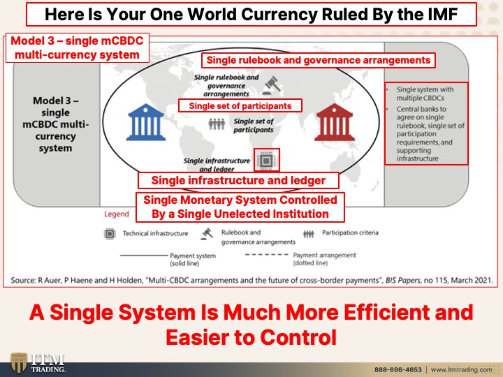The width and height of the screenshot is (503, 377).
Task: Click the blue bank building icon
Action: [146, 122]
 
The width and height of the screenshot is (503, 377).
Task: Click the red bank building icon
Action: [334, 122]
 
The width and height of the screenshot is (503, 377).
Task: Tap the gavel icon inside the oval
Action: [272, 86]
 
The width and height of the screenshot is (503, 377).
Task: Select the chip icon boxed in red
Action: [266, 160]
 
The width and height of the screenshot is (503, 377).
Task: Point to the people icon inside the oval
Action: [217, 124]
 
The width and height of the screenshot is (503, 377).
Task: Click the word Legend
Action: [117, 214]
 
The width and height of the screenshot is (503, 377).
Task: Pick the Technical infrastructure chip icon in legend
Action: [110, 234]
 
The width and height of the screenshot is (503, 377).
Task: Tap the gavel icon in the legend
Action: [207, 234]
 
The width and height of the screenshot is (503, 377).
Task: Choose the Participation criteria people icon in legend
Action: [309, 234]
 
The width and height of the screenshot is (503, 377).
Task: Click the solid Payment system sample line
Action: [144, 256]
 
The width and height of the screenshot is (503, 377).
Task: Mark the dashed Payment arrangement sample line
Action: [267, 255]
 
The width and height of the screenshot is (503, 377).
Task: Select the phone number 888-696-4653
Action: [398, 369]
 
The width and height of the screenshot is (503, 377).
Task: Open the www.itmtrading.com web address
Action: [461, 369]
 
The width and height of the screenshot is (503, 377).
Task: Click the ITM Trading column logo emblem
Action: [19, 363]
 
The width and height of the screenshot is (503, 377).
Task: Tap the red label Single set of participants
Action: [240, 106]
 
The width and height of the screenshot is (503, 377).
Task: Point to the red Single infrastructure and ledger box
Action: [238, 181]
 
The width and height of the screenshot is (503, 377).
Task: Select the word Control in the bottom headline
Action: [298, 337]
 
